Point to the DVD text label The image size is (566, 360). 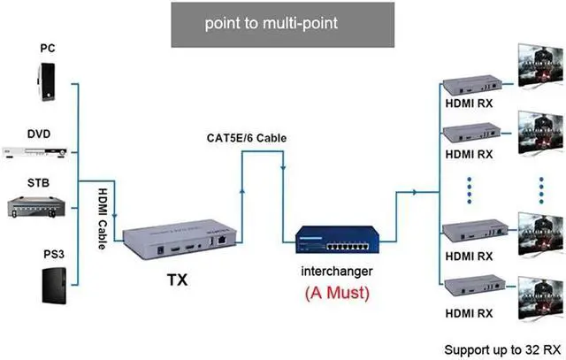(x=38, y=134)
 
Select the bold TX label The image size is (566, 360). (x=178, y=282)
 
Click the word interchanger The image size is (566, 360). (x=335, y=273)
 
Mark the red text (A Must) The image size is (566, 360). (x=336, y=293)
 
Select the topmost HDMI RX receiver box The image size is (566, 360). (x=470, y=84)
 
